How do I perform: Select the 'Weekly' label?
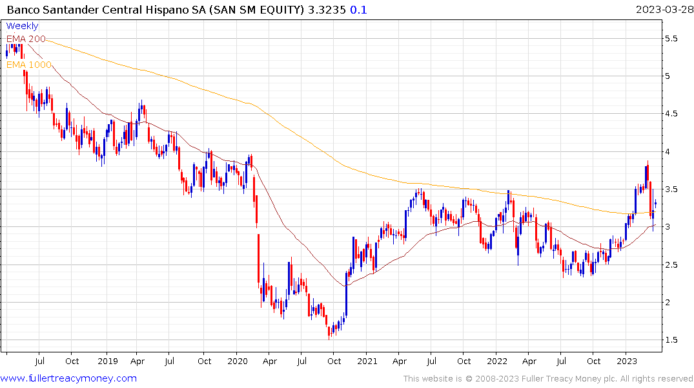22,26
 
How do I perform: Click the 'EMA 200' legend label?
26,39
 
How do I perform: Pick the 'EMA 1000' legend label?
28,65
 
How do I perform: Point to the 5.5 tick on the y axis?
671,39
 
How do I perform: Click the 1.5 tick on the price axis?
671,340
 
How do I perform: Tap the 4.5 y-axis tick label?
671,114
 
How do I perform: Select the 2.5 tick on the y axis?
671,265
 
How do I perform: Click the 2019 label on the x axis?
107,360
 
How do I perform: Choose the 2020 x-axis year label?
237,360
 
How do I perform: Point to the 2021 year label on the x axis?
367,360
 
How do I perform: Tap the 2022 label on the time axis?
496,360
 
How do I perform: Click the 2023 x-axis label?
626,360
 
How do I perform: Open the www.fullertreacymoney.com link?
68,378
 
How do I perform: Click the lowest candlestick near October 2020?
329,330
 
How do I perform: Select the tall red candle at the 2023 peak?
646,175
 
